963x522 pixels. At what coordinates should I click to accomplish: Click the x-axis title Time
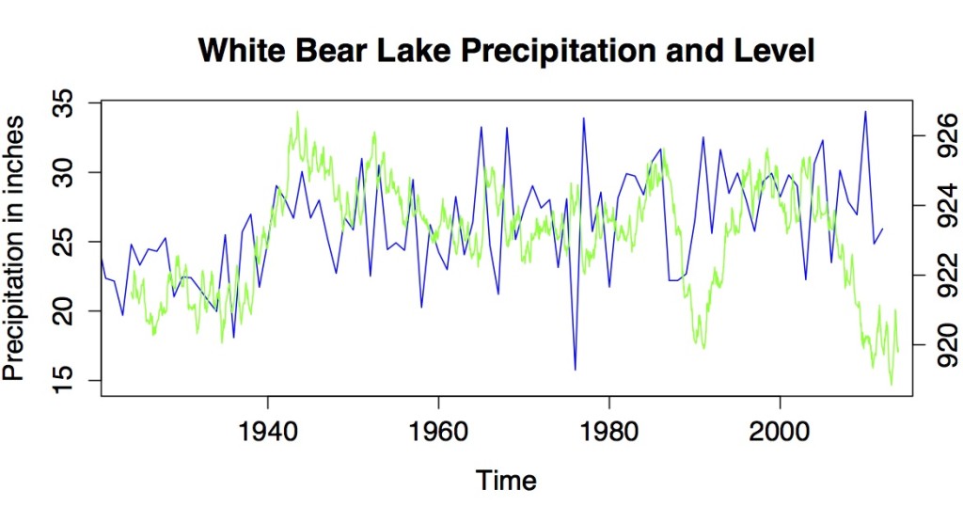(x=506, y=481)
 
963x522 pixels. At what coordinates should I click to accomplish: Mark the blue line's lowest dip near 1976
(x=575, y=369)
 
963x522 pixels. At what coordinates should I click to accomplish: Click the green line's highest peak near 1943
(x=297, y=112)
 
